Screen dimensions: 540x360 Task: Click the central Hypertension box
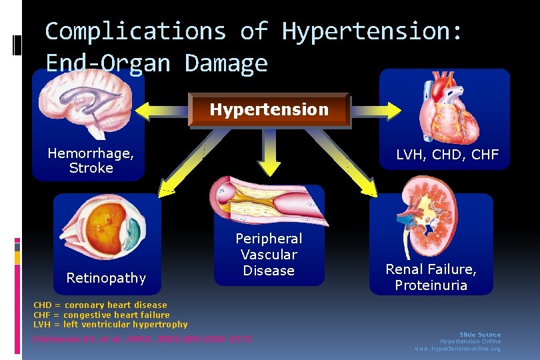point(269,110)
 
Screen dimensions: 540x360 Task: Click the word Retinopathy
point(106,277)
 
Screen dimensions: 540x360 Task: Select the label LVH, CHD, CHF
point(447,155)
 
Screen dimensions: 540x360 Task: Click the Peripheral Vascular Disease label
point(269,255)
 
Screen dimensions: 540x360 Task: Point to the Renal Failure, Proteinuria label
point(431,277)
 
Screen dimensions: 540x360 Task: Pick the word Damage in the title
point(226,63)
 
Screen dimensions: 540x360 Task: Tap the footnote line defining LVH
point(111,325)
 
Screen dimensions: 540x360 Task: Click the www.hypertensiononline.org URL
point(457,349)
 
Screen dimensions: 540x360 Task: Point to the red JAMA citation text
point(143,339)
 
